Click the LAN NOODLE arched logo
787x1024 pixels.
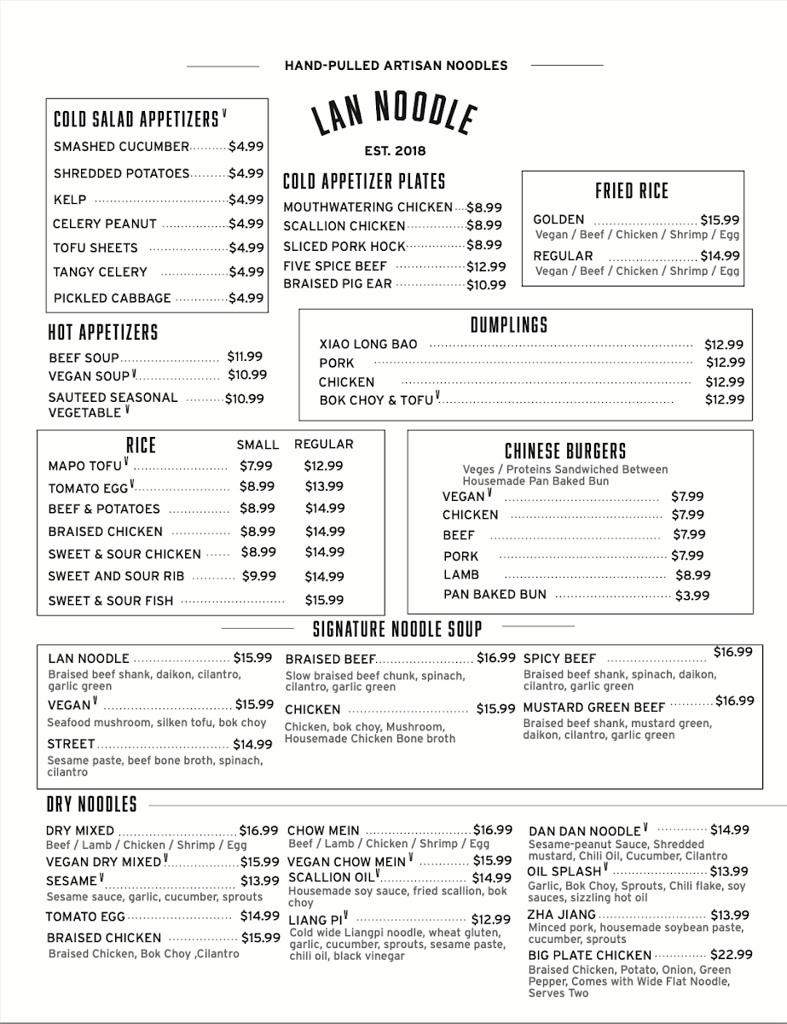click(393, 114)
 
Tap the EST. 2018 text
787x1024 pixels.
click(394, 151)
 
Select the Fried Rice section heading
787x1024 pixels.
click(632, 190)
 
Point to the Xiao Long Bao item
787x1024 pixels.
click(368, 345)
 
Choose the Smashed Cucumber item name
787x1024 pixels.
click(121, 147)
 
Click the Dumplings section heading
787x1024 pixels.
click(509, 325)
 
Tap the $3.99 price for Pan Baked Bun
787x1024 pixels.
click(692, 596)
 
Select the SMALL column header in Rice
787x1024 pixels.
click(258, 445)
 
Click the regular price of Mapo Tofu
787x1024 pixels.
click(323, 466)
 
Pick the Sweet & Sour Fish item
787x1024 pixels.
click(111, 601)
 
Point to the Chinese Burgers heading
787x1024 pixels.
click(565, 451)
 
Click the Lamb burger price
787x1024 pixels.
click(692, 575)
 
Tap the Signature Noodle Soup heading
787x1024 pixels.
click(397, 630)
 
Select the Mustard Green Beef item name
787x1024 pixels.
click(593, 707)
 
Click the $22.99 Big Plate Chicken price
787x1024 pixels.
click(732, 955)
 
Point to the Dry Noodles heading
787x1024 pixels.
click(91, 805)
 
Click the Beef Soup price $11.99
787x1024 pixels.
click(245, 357)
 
